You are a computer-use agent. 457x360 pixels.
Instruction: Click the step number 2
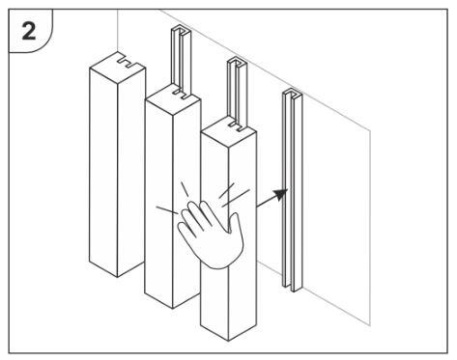click(29, 32)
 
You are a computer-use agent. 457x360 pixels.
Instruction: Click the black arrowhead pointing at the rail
click(280, 194)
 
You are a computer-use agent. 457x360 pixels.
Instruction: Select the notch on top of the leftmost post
click(129, 63)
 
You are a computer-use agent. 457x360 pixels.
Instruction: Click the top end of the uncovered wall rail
click(292, 93)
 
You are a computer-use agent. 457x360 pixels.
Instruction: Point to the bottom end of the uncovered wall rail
click(292, 288)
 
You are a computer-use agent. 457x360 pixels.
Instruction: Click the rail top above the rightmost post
click(237, 62)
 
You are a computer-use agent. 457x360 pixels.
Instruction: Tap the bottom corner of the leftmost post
click(117, 277)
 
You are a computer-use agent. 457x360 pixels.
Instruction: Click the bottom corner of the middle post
click(173, 309)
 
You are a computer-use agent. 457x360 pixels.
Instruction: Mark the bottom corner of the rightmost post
click(229, 341)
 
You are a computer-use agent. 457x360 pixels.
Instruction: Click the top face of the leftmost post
click(118, 69)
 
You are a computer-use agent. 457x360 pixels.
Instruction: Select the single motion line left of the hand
click(167, 210)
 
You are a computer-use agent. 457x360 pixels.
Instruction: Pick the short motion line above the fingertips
click(185, 189)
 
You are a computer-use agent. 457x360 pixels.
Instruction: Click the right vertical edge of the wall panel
click(370, 228)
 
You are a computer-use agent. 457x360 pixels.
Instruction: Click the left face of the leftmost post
click(103, 172)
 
